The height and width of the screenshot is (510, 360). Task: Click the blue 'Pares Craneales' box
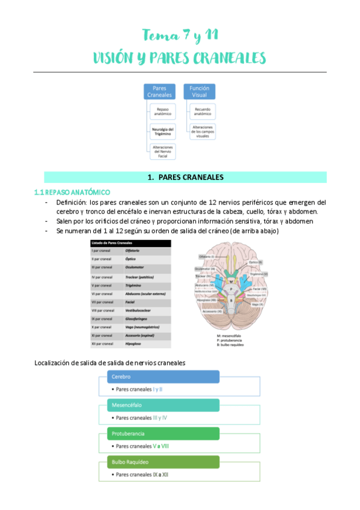tap(159, 91)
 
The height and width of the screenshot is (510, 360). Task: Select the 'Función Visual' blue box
tap(199, 91)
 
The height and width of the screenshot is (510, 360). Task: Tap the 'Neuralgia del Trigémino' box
tap(163, 131)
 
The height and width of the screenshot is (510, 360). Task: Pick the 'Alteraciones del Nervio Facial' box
tap(163, 151)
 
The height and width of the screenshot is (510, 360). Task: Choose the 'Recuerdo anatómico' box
tap(203, 111)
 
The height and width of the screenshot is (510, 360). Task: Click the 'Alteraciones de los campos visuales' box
tap(203, 131)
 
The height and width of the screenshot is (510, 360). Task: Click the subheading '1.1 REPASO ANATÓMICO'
tap(72, 192)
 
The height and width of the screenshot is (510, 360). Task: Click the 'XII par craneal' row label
tap(103, 343)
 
